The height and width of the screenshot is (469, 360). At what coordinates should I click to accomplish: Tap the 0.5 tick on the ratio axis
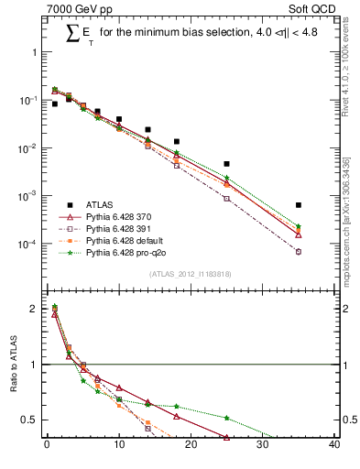[29, 420]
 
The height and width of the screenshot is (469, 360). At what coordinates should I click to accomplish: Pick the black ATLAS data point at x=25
[226, 164]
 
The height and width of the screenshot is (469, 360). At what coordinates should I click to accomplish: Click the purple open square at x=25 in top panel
[226, 199]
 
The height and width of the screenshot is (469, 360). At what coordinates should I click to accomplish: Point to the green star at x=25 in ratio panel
[226, 418]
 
